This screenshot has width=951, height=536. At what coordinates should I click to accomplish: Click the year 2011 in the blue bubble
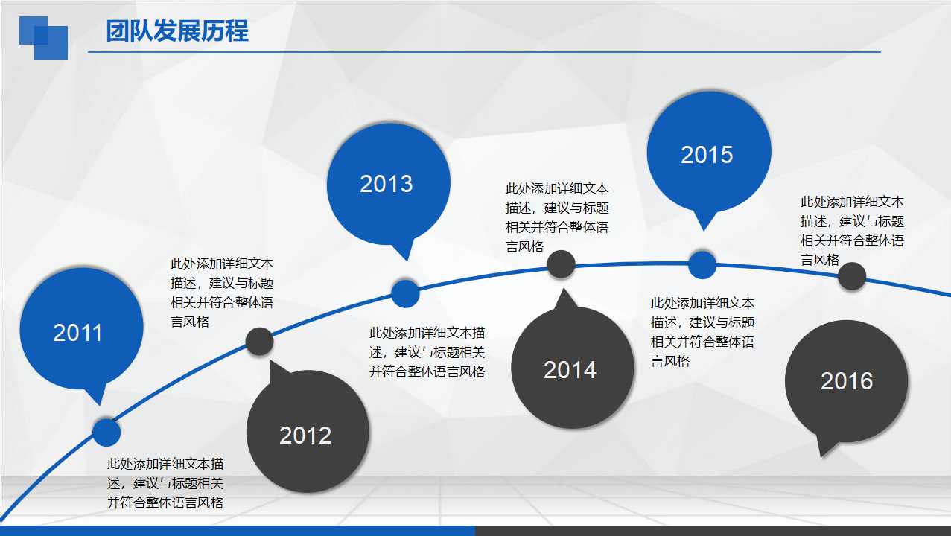[77, 333]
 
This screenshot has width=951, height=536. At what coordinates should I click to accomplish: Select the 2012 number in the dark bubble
[305, 435]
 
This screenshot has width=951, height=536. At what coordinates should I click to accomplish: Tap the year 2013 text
[386, 184]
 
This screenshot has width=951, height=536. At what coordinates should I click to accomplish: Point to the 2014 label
[570, 370]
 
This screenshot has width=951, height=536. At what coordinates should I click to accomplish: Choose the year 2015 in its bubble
[707, 155]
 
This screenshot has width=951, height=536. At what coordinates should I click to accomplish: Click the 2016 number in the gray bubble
[846, 381]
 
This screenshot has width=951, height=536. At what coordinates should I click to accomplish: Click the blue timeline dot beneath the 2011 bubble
[106, 433]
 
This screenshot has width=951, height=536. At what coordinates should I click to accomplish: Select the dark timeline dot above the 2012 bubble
[260, 341]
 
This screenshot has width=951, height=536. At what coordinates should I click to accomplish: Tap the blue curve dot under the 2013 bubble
[405, 293]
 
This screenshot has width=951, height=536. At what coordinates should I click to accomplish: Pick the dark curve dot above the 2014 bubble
[561, 264]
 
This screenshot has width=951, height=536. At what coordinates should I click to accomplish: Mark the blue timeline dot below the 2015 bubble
[702, 264]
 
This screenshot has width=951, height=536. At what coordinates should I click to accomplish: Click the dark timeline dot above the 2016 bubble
[852, 276]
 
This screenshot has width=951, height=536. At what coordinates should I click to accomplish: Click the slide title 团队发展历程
[177, 32]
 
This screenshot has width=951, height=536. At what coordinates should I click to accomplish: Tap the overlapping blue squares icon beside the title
[43, 37]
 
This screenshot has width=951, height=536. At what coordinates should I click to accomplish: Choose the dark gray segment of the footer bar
[713, 531]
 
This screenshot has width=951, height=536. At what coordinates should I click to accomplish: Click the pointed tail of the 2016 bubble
[824, 449]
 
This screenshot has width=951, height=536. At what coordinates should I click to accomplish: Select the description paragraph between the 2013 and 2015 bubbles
[557, 217]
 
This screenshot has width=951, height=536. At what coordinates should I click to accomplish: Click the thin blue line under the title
[484, 52]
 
